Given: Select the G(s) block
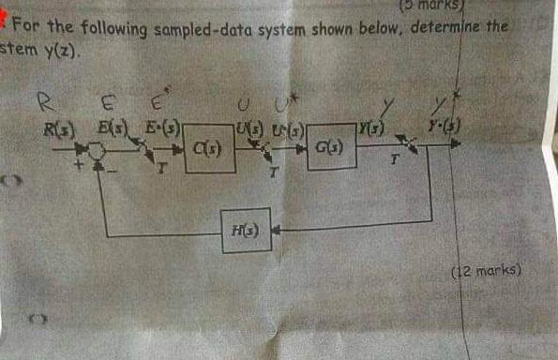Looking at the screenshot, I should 331,146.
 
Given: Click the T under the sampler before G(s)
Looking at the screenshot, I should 274,172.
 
